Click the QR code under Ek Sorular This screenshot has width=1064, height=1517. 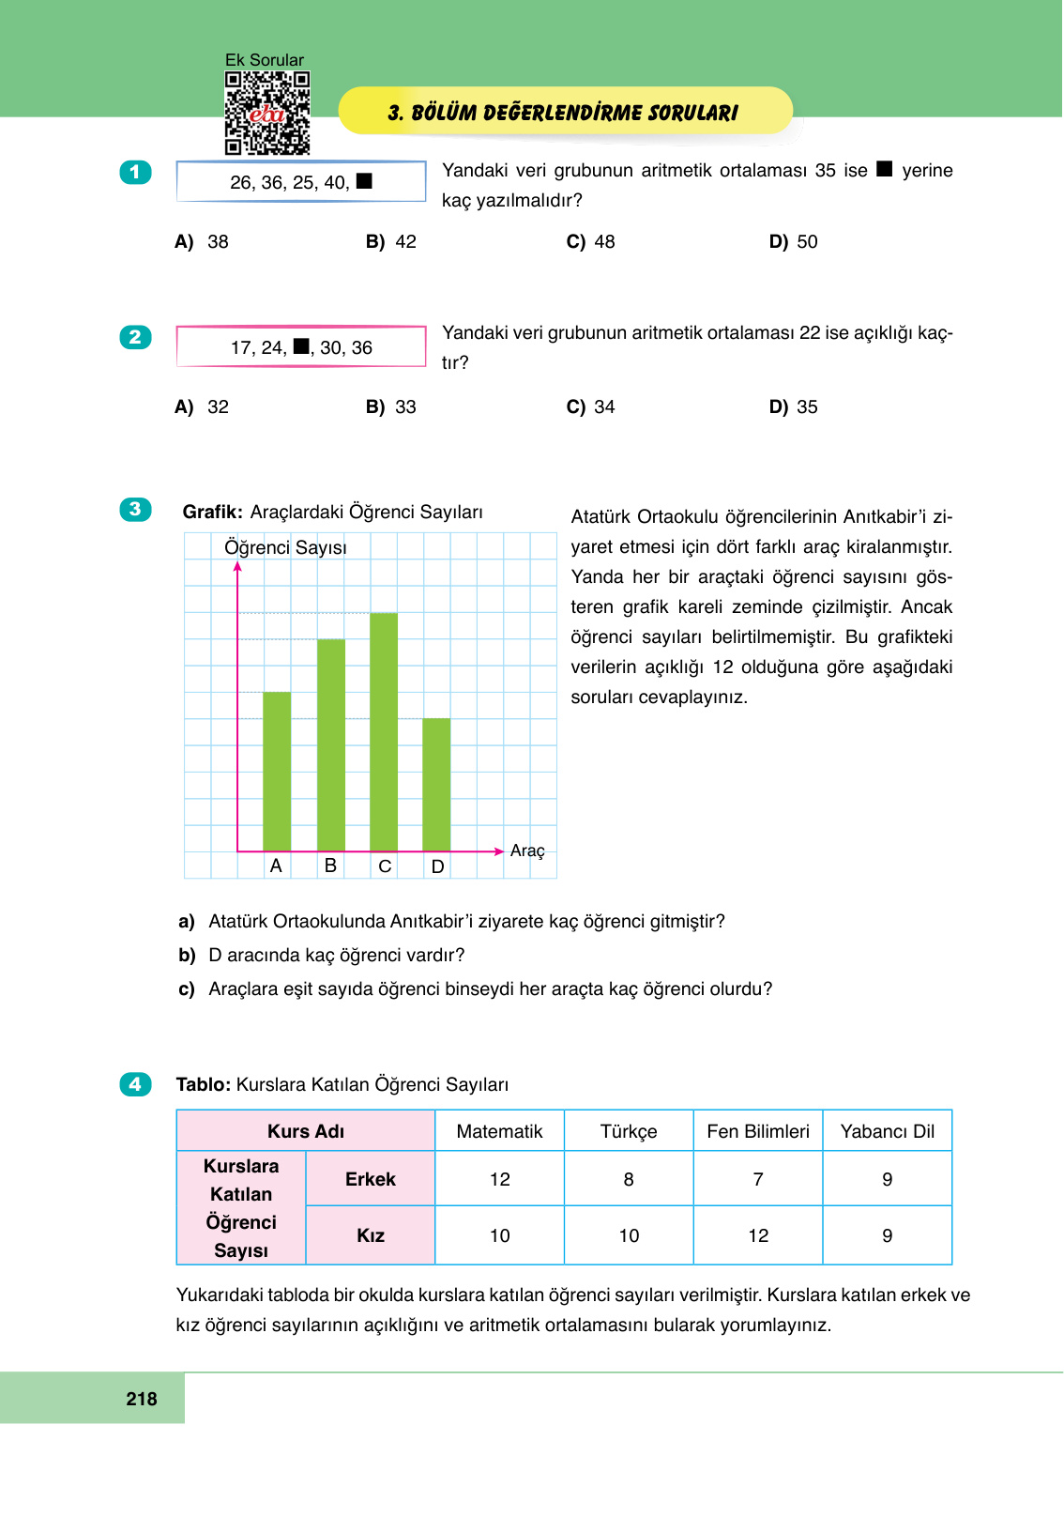pos(267,114)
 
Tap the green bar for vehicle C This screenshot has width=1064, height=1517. pos(384,732)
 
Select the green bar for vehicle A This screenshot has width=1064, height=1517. pos(277,772)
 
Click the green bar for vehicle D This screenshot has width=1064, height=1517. pos(436,785)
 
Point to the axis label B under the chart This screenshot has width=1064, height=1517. pos(330,866)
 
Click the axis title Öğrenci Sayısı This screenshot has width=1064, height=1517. pos(285,547)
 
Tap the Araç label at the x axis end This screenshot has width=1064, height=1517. pos(527,850)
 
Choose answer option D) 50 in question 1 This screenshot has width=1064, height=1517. pos(794,242)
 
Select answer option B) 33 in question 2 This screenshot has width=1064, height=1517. pos(391,407)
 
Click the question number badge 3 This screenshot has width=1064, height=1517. pos(135,510)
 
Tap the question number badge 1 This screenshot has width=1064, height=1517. pos(135,172)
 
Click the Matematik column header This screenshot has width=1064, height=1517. pos(499,1132)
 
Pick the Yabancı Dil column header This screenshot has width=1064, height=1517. pos(887,1132)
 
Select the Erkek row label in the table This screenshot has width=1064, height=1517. pos(371,1180)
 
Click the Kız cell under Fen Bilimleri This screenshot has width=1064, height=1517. pos(758,1236)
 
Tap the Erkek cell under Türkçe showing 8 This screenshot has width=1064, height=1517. pos(629,1180)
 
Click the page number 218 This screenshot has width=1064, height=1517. pos(142,1399)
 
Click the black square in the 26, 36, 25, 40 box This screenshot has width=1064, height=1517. pos(365,181)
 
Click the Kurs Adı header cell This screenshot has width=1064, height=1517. pos(306,1132)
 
